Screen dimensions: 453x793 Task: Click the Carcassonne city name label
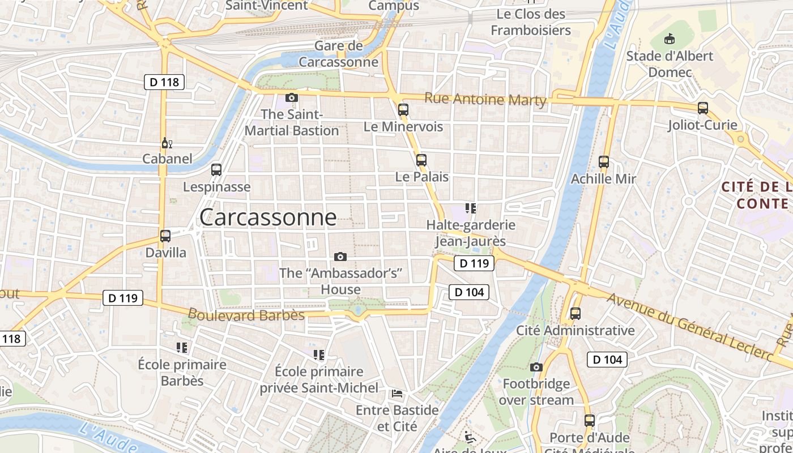tap(268, 217)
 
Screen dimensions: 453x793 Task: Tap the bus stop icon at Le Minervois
tap(403, 110)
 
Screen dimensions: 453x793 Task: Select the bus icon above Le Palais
tap(421, 160)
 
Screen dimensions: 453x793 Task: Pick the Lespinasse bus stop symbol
tap(216, 169)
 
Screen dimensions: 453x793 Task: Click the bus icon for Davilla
tap(165, 236)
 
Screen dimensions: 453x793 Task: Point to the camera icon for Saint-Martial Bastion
tap(292, 97)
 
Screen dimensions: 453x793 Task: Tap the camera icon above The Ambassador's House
tap(340, 257)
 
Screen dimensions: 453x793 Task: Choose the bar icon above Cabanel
tap(167, 143)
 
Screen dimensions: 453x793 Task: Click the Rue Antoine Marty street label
tap(485, 99)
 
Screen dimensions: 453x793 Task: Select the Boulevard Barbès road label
tap(246, 315)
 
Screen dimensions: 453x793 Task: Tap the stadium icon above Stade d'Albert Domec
tap(670, 39)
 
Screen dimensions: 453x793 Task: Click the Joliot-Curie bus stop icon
tap(703, 108)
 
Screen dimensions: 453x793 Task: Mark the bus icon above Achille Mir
tap(604, 162)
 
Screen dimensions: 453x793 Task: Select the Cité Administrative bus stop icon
tap(575, 313)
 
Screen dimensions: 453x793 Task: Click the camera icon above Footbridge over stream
tap(536, 367)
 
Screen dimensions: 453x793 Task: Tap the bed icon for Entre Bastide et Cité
tap(397, 393)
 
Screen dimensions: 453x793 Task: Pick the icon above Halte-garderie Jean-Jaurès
tap(470, 208)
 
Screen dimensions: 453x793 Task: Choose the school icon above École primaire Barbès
tap(182, 347)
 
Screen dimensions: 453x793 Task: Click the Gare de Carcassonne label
tap(338, 54)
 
